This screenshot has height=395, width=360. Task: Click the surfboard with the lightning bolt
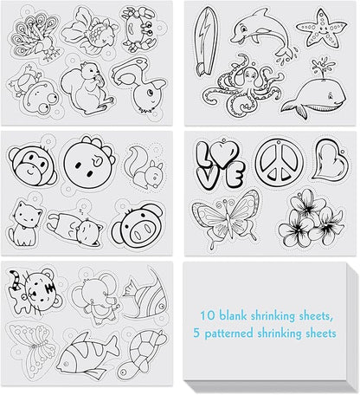pyautogui.click(x=205, y=41)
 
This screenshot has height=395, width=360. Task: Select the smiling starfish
pyautogui.click(x=321, y=29)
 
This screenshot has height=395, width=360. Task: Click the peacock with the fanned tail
pyautogui.click(x=35, y=36)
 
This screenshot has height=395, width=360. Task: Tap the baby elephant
pyautogui.click(x=95, y=298)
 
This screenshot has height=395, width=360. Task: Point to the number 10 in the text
pyautogui.click(x=208, y=315)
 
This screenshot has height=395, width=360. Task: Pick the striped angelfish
pyautogui.click(x=145, y=297)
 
